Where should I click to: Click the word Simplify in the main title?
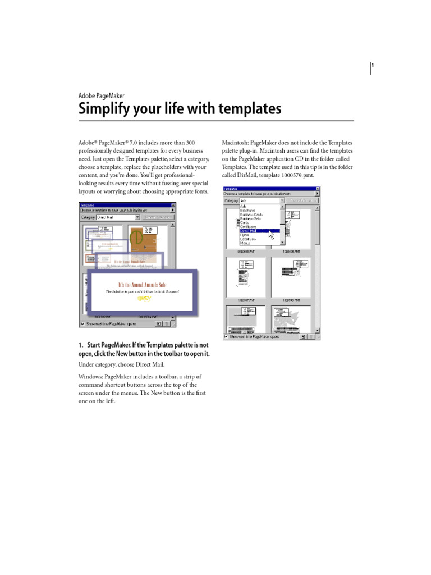coord(100,108)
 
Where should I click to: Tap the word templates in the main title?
coord(250,108)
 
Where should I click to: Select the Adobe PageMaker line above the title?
coord(101,96)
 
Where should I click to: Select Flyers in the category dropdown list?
coord(245,235)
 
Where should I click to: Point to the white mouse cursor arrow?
coord(272,234)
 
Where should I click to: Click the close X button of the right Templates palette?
coord(317,189)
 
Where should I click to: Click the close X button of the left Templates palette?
coord(172,206)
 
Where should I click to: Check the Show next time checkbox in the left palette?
coord(83,323)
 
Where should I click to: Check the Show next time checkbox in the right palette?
coord(226,337)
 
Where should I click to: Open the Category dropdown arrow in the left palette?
coord(137,217)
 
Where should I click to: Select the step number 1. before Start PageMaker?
coord(81,345)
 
